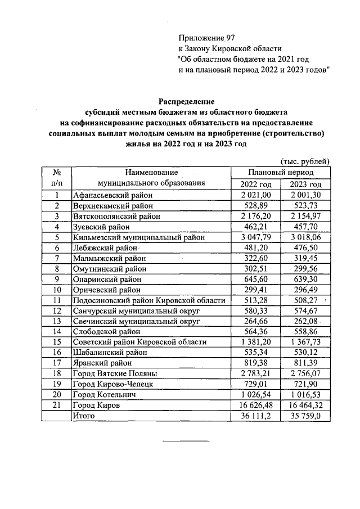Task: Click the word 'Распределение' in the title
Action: (x=186, y=102)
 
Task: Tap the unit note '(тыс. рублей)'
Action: (x=304, y=161)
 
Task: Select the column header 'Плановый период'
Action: (x=281, y=173)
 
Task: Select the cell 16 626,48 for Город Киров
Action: (x=255, y=405)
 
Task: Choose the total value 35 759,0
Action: (x=306, y=416)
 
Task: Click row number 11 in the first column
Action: (x=57, y=300)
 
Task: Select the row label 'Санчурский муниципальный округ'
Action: (x=137, y=310)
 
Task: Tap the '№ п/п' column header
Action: (x=57, y=178)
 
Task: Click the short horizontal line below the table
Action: (x=177, y=440)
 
